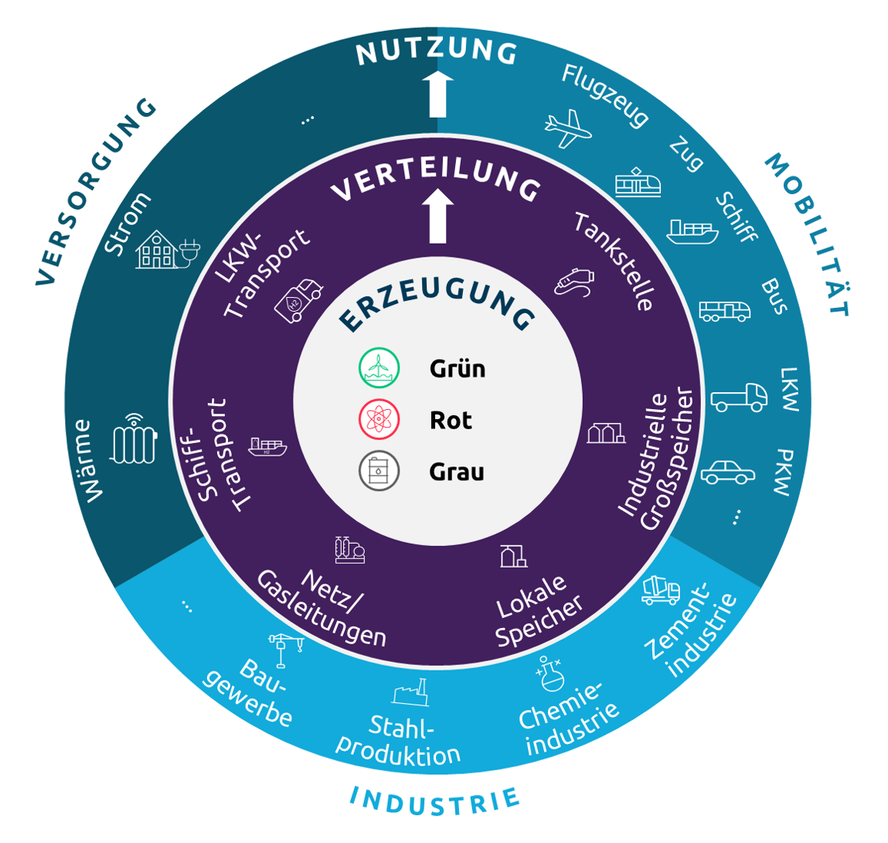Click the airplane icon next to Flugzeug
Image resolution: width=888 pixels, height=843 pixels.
click(x=568, y=128)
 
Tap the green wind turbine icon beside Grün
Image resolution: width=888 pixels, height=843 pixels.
click(x=379, y=368)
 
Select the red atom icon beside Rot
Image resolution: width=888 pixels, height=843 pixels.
click(x=379, y=420)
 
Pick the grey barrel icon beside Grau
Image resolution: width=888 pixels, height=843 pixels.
click(x=379, y=471)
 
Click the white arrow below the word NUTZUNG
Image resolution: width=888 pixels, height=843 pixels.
click(x=438, y=94)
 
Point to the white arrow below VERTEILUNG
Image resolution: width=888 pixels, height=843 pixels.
click(x=438, y=216)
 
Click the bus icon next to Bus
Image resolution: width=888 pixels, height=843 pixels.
click(x=724, y=311)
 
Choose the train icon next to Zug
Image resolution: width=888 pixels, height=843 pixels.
click(x=638, y=183)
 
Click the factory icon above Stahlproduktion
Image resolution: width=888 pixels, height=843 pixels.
click(x=410, y=692)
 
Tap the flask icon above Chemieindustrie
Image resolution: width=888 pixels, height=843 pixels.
click(x=549, y=674)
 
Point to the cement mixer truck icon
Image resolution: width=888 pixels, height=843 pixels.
click(x=661, y=589)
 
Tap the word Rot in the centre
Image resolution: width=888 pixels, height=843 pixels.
click(x=451, y=421)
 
